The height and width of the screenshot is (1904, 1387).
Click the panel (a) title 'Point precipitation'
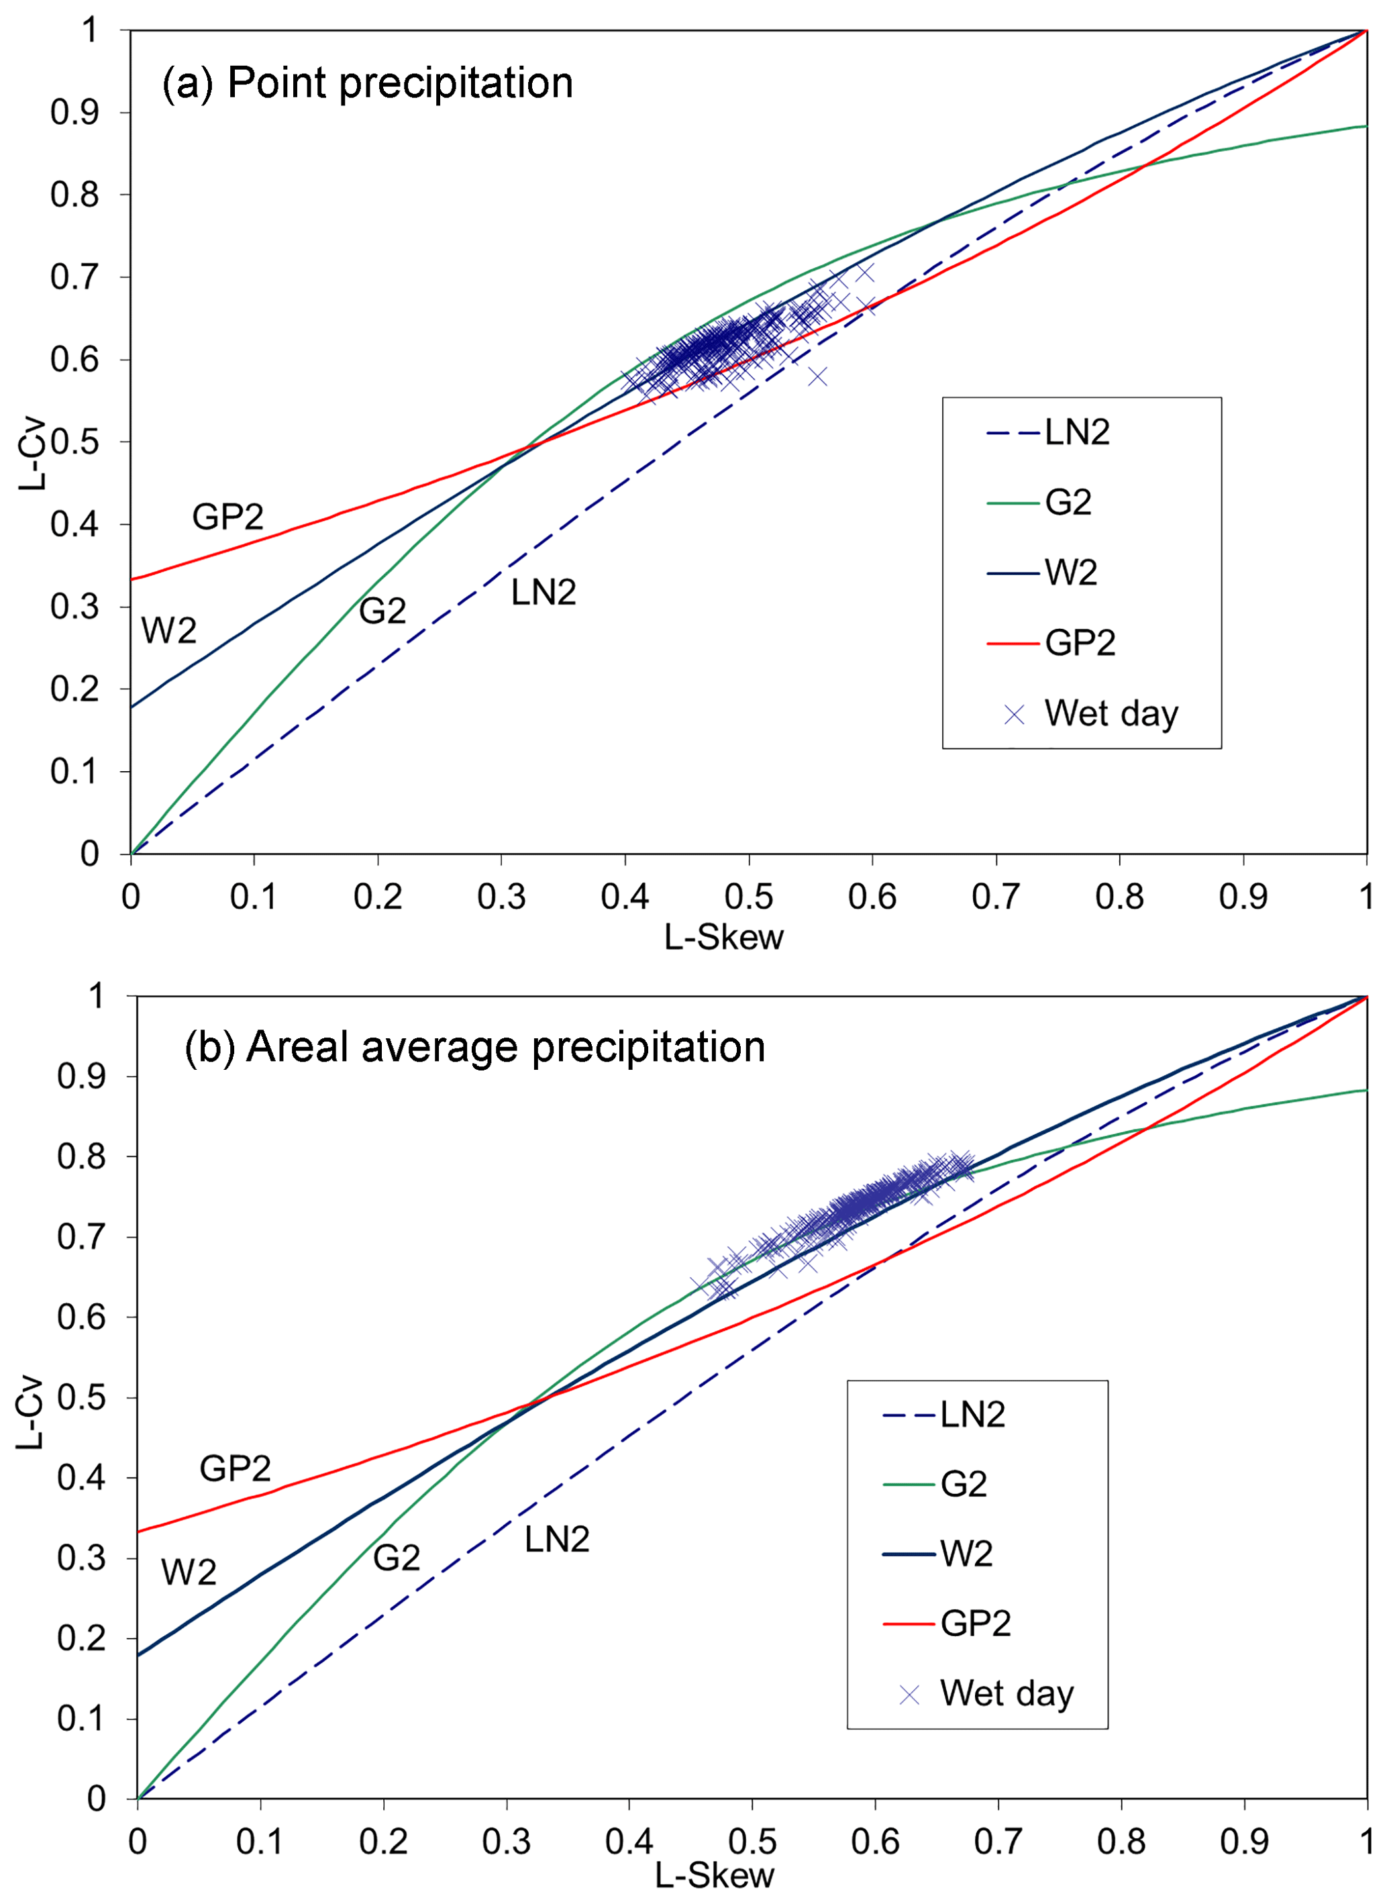(x=367, y=83)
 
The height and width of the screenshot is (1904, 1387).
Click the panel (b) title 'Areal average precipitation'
(x=474, y=1048)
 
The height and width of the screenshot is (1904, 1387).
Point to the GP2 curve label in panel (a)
(x=227, y=516)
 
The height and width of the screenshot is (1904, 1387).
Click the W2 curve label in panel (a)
(x=168, y=630)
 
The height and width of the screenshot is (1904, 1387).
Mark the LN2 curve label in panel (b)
(x=557, y=1540)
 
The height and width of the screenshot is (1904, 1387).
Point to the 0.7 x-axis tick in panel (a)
(x=996, y=897)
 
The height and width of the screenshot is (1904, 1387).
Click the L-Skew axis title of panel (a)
(x=724, y=938)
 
